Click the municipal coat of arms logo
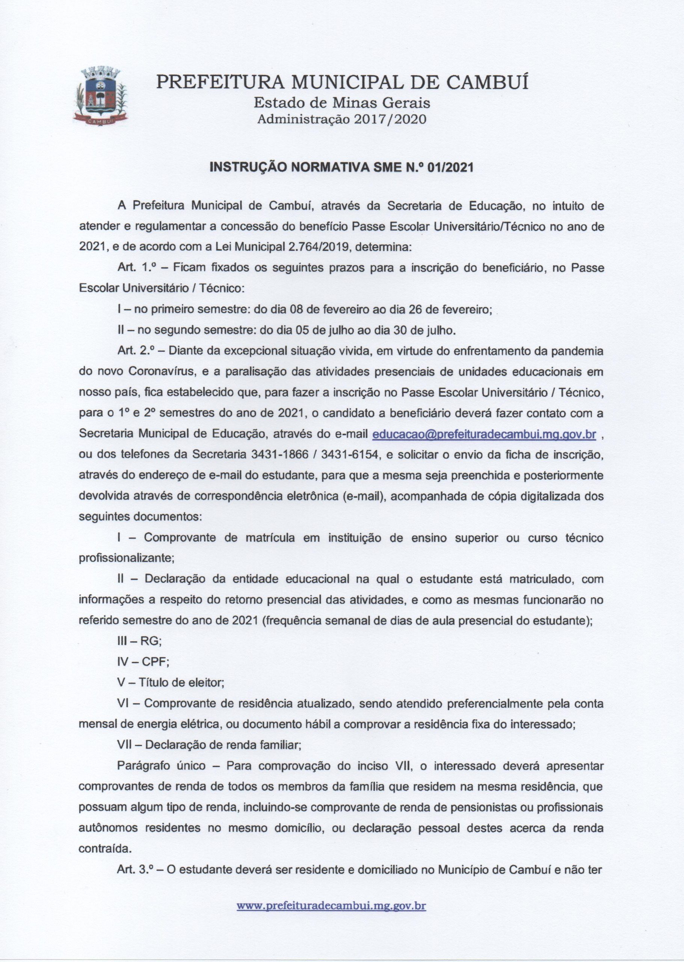[x=100, y=96]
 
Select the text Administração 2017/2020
[x=342, y=119]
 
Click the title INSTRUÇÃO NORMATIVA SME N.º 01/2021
[x=341, y=167]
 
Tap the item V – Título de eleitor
[x=171, y=683]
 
